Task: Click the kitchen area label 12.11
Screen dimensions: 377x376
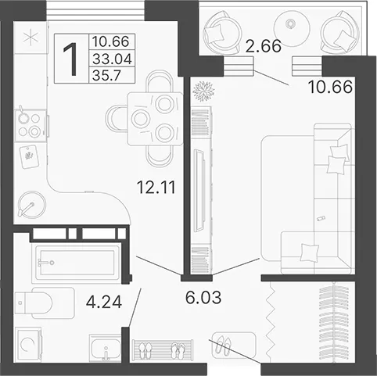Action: pos(156,188)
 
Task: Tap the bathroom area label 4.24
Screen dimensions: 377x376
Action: pos(104,302)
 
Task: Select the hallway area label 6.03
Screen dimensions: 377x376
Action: pos(203,297)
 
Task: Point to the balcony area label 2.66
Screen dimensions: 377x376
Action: pos(264,46)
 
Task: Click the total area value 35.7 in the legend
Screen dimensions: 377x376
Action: pos(106,76)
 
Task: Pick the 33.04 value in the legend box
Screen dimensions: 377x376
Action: pos(112,59)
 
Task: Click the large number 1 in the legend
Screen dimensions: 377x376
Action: pos(70,59)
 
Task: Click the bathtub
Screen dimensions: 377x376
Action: pos(77,263)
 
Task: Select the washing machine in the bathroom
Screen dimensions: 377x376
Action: pos(28,344)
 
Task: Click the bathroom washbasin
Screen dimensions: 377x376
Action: pos(105,348)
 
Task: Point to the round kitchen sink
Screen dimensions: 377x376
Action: pos(31,205)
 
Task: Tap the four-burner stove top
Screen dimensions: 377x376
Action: pos(31,125)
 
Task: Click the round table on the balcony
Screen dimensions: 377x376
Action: pos(292,28)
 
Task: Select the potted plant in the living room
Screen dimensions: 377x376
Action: pos(203,91)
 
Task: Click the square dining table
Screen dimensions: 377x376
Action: pos(155,119)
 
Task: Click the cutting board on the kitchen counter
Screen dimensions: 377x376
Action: pos(29,157)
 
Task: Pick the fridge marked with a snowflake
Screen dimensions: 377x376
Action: pos(31,38)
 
